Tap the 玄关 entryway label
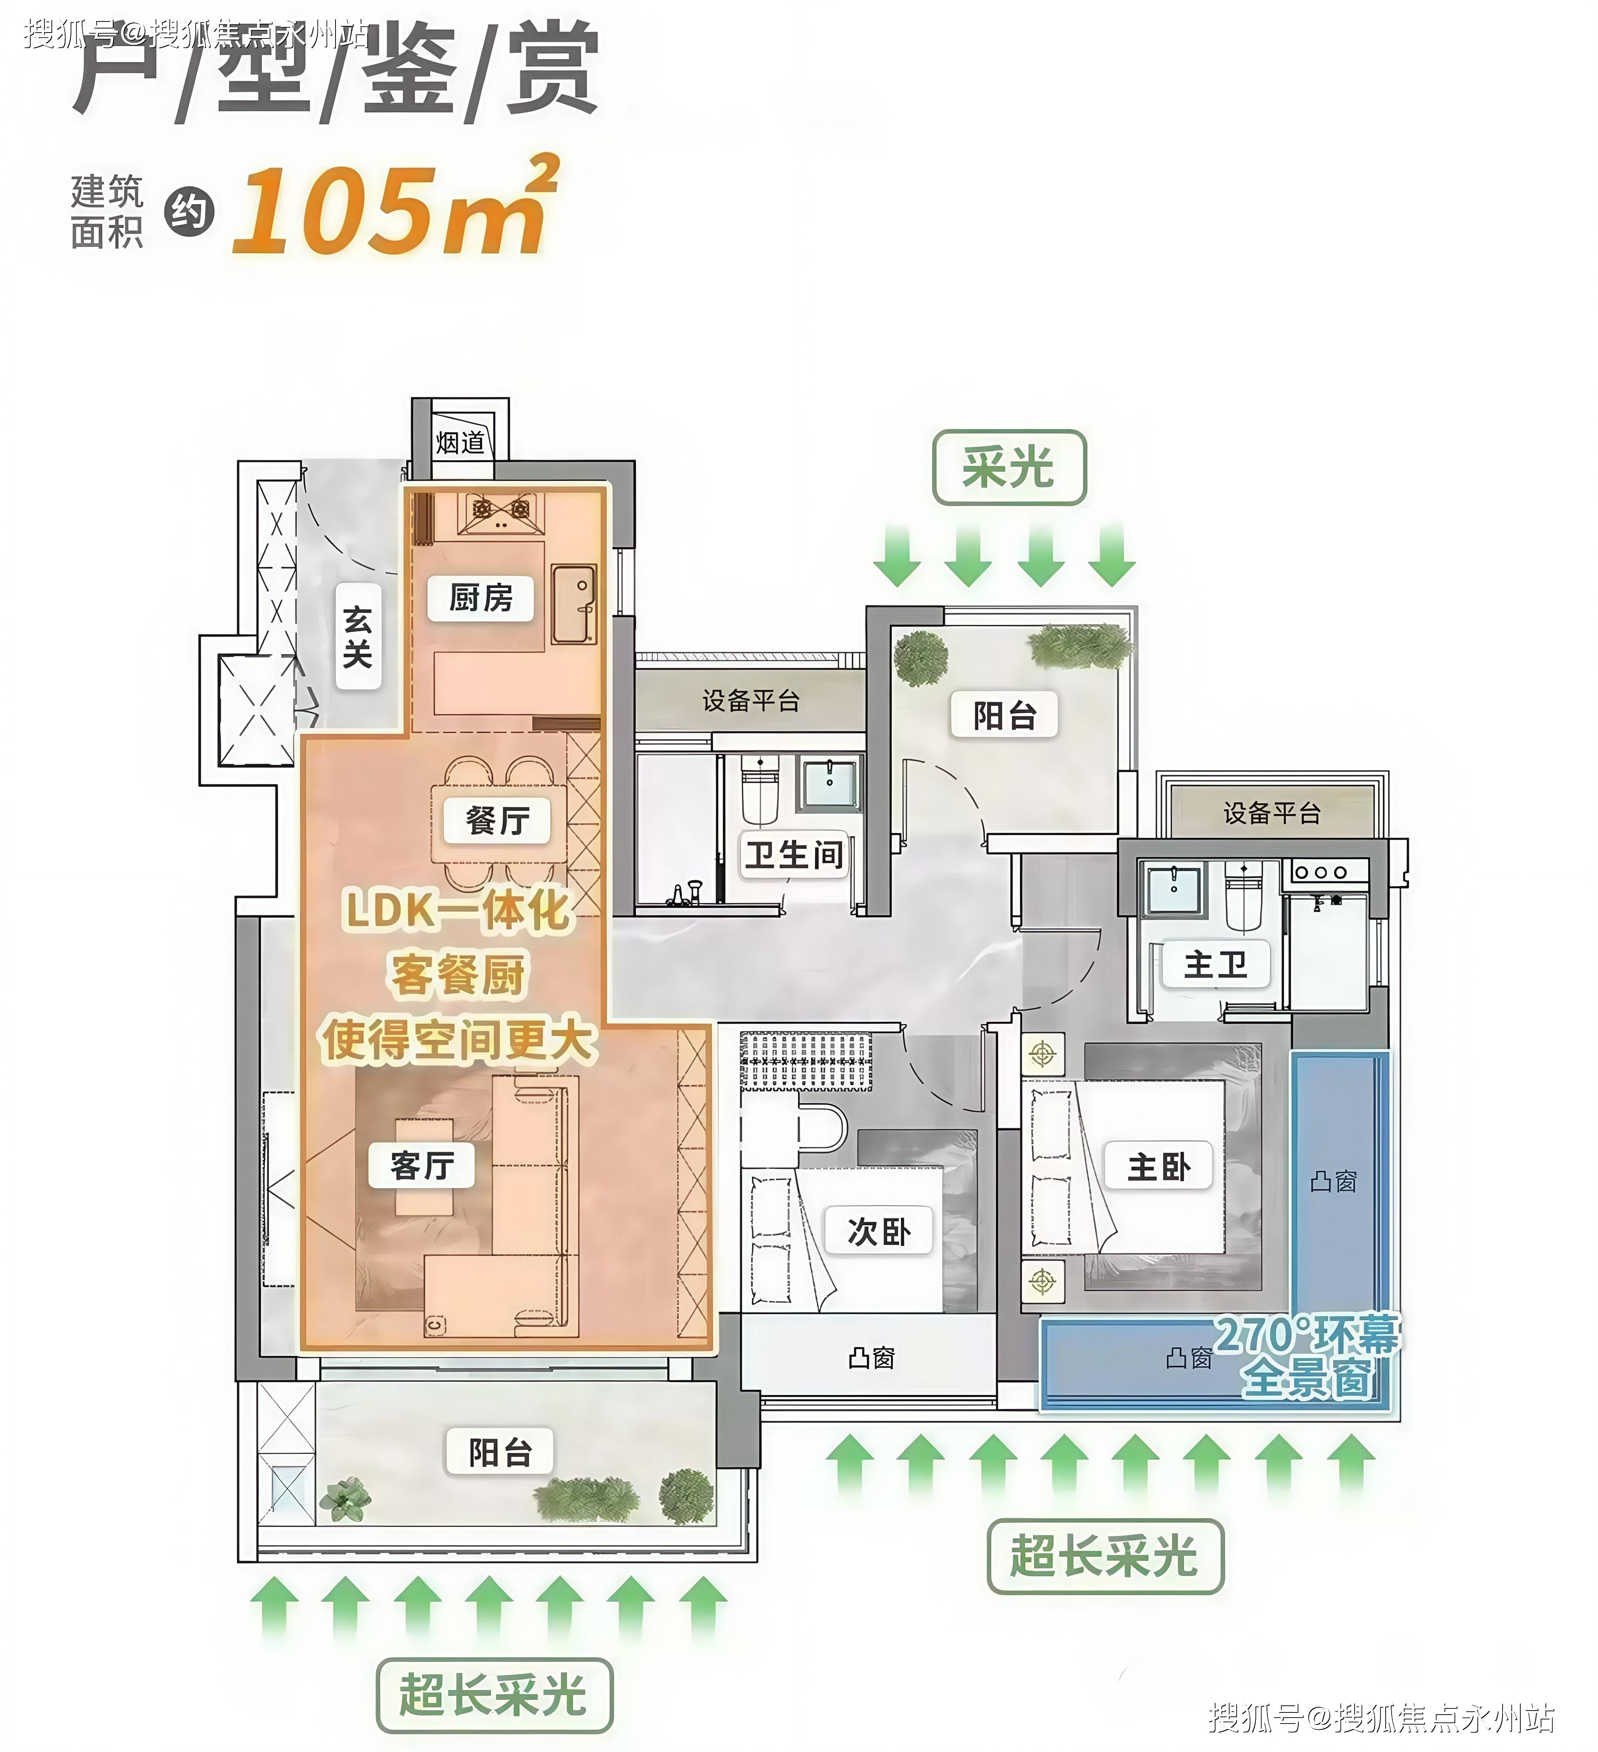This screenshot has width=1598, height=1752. [358, 637]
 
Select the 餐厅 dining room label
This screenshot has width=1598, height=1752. [497, 819]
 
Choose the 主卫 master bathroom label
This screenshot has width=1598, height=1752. [1216, 964]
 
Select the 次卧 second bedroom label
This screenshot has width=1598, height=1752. [879, 1230]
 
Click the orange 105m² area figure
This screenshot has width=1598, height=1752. [395, 207]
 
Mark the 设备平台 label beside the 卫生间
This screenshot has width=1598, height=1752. [751, 700]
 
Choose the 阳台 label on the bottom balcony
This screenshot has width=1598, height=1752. [500, 1451]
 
